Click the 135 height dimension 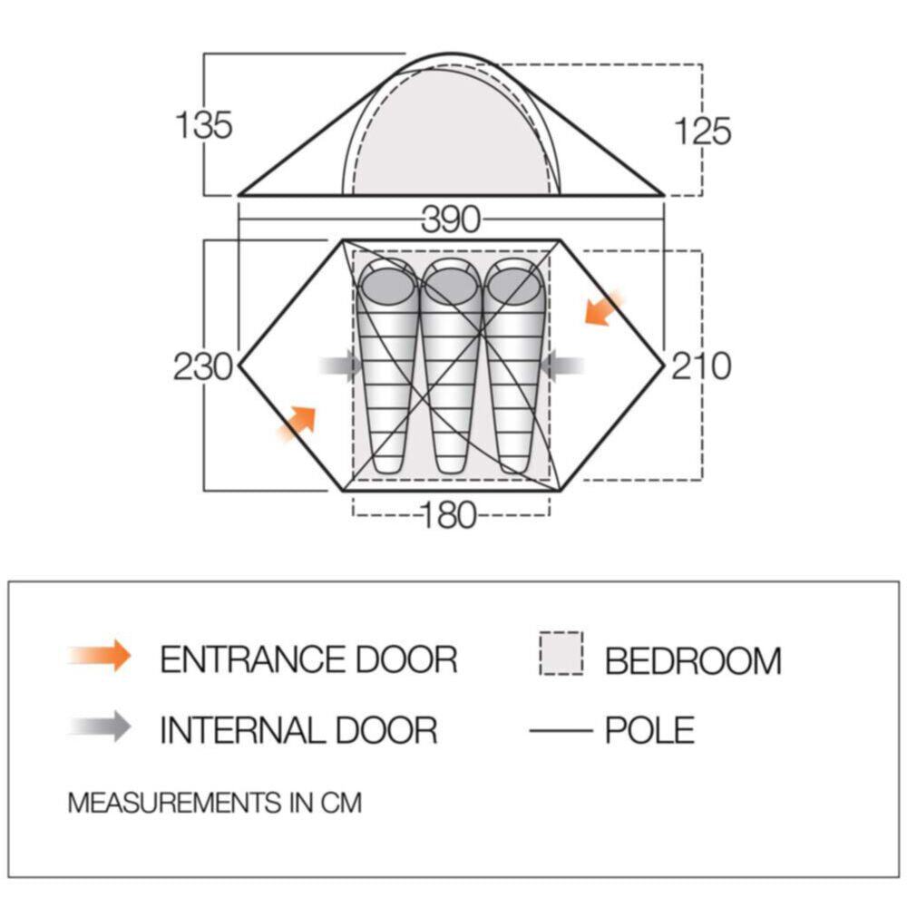click(203, 125)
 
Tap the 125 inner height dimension click(703, 131)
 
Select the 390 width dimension click(451, 219)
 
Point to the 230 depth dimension click(203, 366)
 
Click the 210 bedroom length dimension click(701, 366)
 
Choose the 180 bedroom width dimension click(450, 515)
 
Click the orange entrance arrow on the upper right click(604, 309)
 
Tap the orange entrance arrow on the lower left click(297, 424)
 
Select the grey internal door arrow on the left click(341, 366)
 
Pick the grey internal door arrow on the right click(562, 366)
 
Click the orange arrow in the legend click(100, 656)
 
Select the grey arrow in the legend click(100, 727)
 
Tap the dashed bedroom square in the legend click(561, 654)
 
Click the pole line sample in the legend click(561, 731)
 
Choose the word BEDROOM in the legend click(694, 660)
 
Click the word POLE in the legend click(649, 730)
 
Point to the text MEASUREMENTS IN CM click(215, 803)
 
